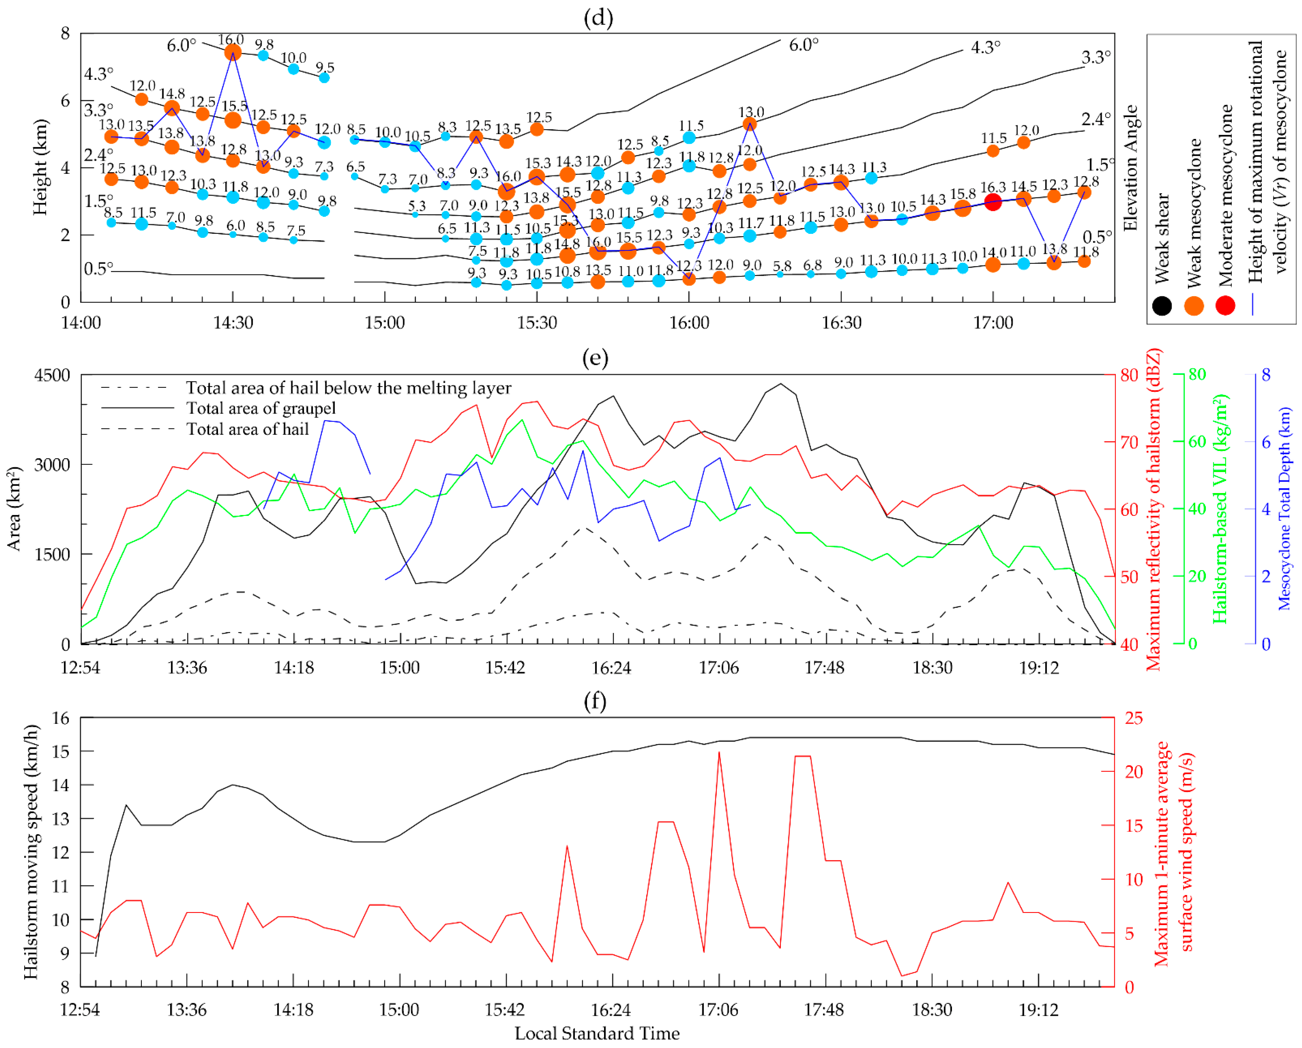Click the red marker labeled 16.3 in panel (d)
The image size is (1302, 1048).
point(993,202)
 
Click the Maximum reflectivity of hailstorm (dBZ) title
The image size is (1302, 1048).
point(1154,509)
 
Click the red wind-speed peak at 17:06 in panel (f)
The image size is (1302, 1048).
point(719,753)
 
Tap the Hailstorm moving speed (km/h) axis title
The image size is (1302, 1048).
point(31,852)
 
